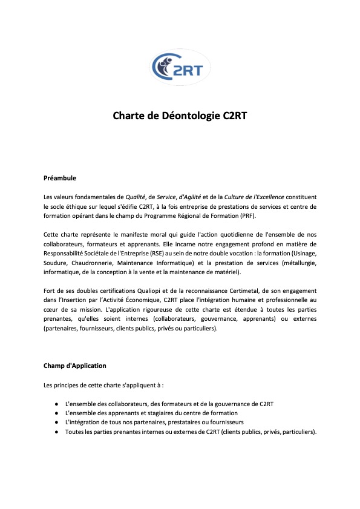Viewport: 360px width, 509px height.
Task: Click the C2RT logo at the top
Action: tap(180, 67)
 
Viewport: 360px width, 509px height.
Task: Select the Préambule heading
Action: tap(59, 179)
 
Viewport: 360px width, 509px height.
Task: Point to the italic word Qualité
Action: tap(136, 197)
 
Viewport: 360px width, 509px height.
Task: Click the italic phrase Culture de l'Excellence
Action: tap(254, 197)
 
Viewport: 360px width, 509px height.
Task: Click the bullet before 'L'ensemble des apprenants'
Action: tap(56, 413)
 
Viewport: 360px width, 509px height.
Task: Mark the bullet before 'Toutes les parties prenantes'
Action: tap(56, 432)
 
